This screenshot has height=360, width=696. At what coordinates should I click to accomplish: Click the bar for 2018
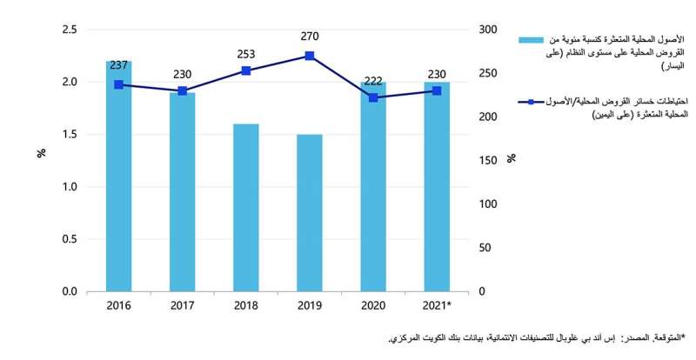pos(246,208)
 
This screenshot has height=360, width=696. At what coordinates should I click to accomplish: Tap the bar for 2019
pos(310,213)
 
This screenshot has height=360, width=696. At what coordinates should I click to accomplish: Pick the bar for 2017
pos(183,192)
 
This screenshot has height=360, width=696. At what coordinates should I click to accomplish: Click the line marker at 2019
pos(310,56)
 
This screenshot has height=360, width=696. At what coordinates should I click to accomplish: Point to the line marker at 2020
pos(373,97)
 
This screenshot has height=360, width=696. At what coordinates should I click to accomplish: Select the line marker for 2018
pos(246,70)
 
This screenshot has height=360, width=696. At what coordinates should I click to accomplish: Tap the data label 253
pos(246,52)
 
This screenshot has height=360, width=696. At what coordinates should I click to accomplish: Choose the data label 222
pos(373,80)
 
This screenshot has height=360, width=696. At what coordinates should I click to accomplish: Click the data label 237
pos(118,66)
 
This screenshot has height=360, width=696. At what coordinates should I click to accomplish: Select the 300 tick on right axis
pos(489,30)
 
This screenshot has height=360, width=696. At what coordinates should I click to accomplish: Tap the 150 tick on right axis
pos(489,160)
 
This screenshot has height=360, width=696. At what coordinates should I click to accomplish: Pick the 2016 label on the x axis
pos(118,305)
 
